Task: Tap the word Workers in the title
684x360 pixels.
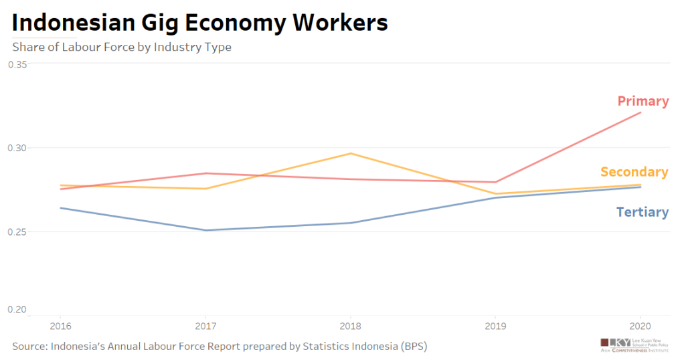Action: pyautogui.click(x=340, y=23)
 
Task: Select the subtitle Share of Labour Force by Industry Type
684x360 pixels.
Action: pyautogui.click(x=122, y=48)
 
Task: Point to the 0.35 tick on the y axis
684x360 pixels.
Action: pyautogui.click(x=17, y=64)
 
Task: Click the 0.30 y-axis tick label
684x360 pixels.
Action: pyautogui.click(x=17, y=148)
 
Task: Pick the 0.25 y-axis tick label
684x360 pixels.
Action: pyautogui.click(x=17, y=232)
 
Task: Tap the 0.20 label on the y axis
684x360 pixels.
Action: pyautogui.click(x=17, y=310)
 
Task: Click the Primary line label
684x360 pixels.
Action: pyautogui.click(x=643, y=101)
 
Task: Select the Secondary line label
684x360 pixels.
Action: pyautogui.click(x=634, y=172)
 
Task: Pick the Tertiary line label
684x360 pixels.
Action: pyautogui.click(x=642, y=212)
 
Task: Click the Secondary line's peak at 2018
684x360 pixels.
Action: pyautogui.click(x=350, y=153)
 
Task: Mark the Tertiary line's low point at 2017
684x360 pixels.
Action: pyautogui.click(x=205, y=230)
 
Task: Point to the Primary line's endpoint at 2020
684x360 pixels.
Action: pyautogui.click(x=640, y=112)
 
